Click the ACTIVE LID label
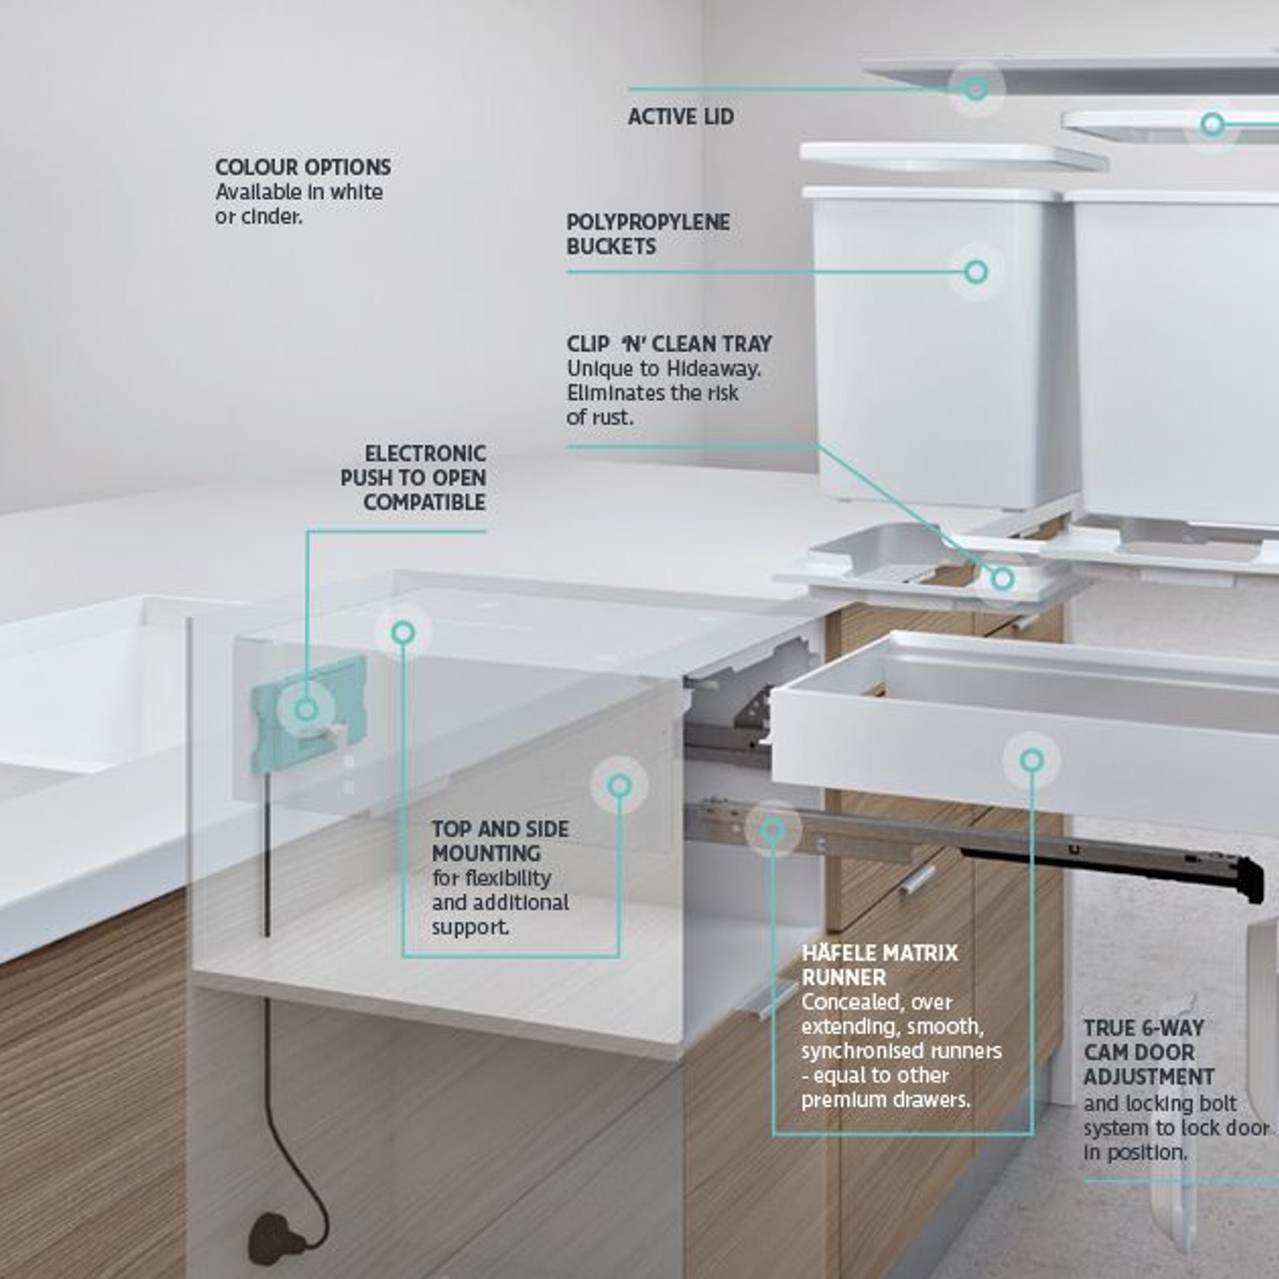681,117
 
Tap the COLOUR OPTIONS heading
303,167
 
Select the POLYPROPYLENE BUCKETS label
648,234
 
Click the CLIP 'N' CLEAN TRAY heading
669,343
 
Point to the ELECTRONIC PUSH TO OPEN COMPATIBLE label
413,478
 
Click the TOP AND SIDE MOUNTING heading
500,841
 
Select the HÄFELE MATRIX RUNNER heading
879,965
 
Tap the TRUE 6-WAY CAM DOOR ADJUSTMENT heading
1149,1052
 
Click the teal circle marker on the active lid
975,89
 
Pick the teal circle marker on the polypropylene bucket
976,272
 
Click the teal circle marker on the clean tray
1003,578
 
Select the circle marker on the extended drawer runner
773,829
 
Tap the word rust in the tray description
611,418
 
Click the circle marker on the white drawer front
1032,760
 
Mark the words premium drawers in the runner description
886,1100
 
